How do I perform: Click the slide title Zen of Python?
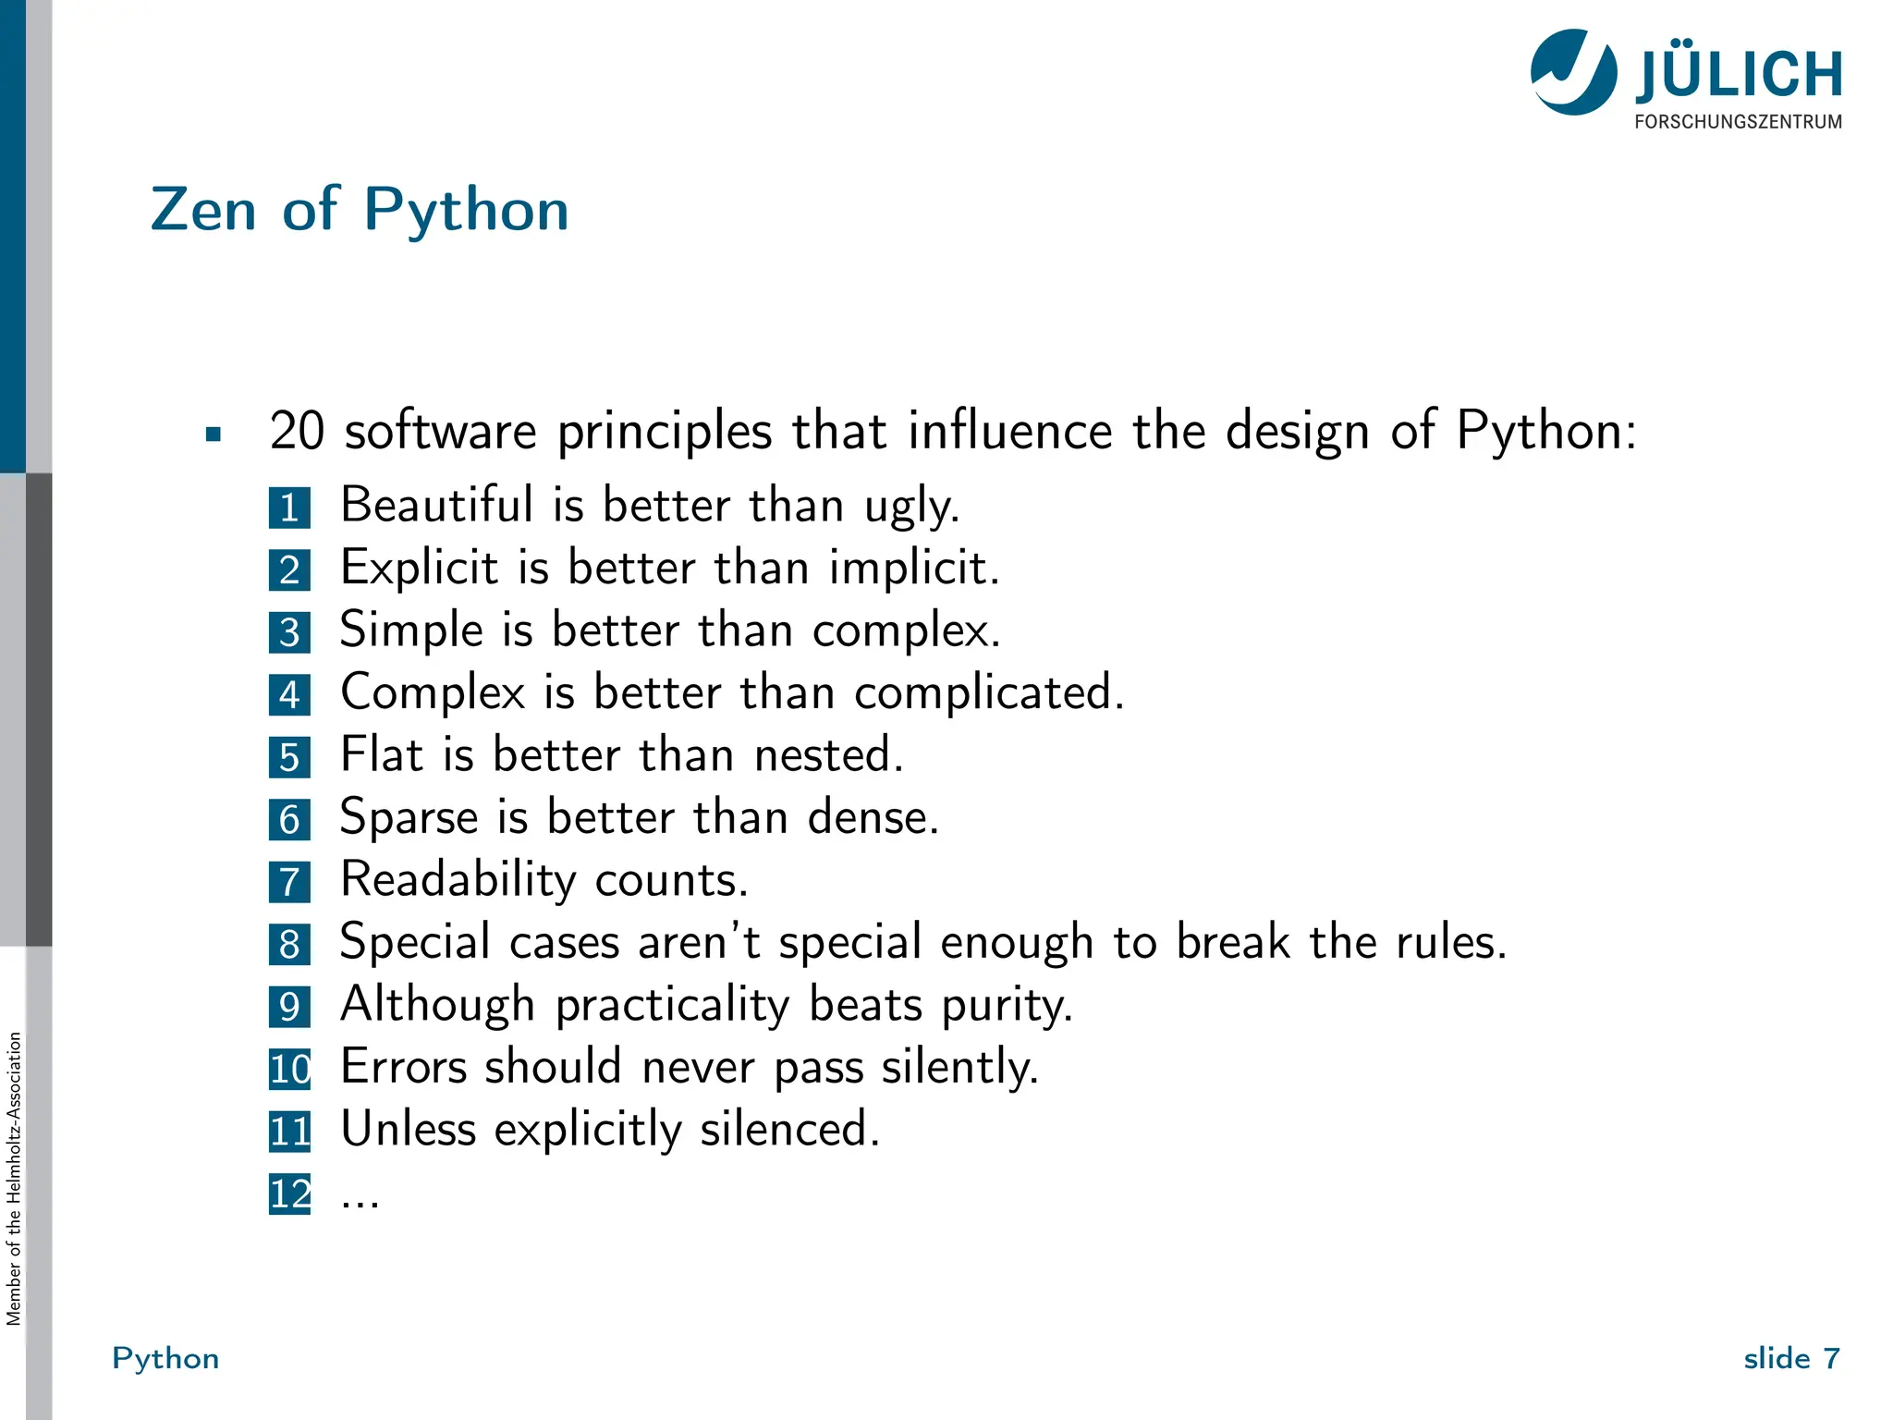[x=360, y=210]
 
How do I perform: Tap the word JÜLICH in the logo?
[x=1739, y=76]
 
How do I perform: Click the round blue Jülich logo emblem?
[x=1573, y=72]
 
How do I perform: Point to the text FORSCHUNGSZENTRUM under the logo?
[x=1738, y=122]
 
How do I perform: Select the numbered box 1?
[x=289, y=508]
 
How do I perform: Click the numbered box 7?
[x=289, y=882]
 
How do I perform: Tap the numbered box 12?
[x=289, y=1194]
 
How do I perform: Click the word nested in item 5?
[x=826, y=754]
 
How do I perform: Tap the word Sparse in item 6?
[x=409, y=817]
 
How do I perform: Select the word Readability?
[x=458, y=880]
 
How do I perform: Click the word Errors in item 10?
[x=404, y=1067]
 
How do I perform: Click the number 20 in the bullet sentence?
[x=297, y=431]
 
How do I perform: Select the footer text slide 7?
[x=1790, y=1358]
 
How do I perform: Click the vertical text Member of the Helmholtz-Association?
[x=14, y=1179]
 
